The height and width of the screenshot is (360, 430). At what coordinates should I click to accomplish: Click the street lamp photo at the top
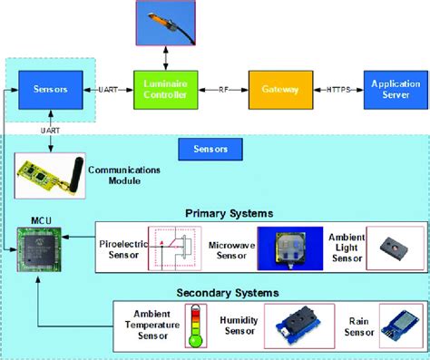(x=165, y=23)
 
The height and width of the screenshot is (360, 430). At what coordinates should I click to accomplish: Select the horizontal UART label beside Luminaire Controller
(x=108, y=90)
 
